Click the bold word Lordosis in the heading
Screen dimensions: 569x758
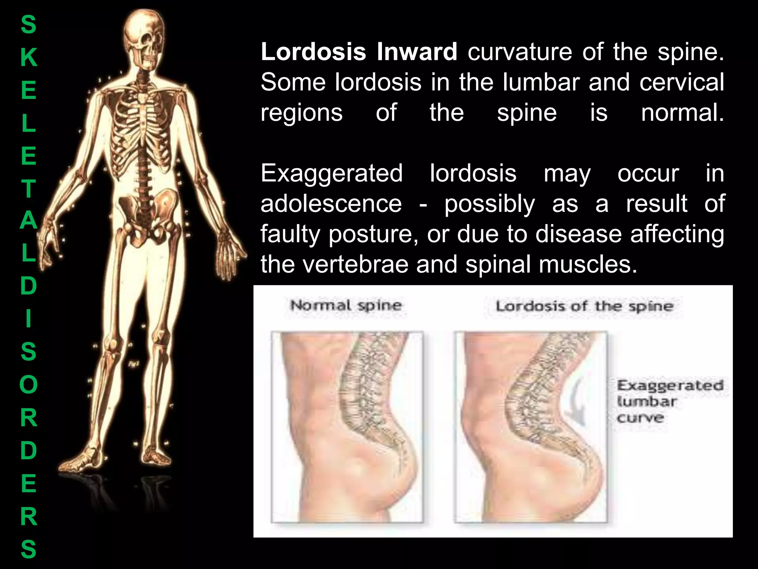coord(313,52)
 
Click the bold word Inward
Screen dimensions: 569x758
coord(417,52)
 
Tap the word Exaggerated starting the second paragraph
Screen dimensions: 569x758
coord(332,173)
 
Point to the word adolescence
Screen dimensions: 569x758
coord(331,204)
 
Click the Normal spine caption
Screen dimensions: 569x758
coord(346,306)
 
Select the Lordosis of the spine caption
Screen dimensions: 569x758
coord(584,306)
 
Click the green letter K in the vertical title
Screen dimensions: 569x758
coord(28,58)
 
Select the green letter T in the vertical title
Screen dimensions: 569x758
coord(28,189)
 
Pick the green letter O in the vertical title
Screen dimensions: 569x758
coord(28,385)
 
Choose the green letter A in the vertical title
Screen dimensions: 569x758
coord(28,221)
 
